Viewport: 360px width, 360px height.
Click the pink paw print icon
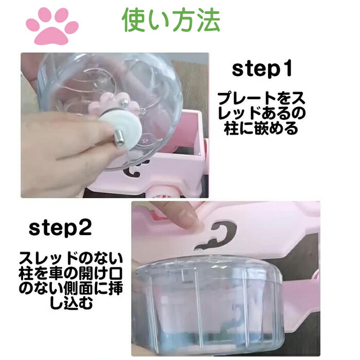(52, 26)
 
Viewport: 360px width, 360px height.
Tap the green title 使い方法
(171, 21)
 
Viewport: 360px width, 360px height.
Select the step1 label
(262, 69)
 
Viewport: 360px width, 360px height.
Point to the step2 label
(60, 228)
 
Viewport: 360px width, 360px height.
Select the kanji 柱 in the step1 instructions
(232, 129)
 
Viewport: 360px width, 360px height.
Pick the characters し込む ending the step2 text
(71, 302)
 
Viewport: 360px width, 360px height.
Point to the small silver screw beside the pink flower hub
(125, 101)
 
